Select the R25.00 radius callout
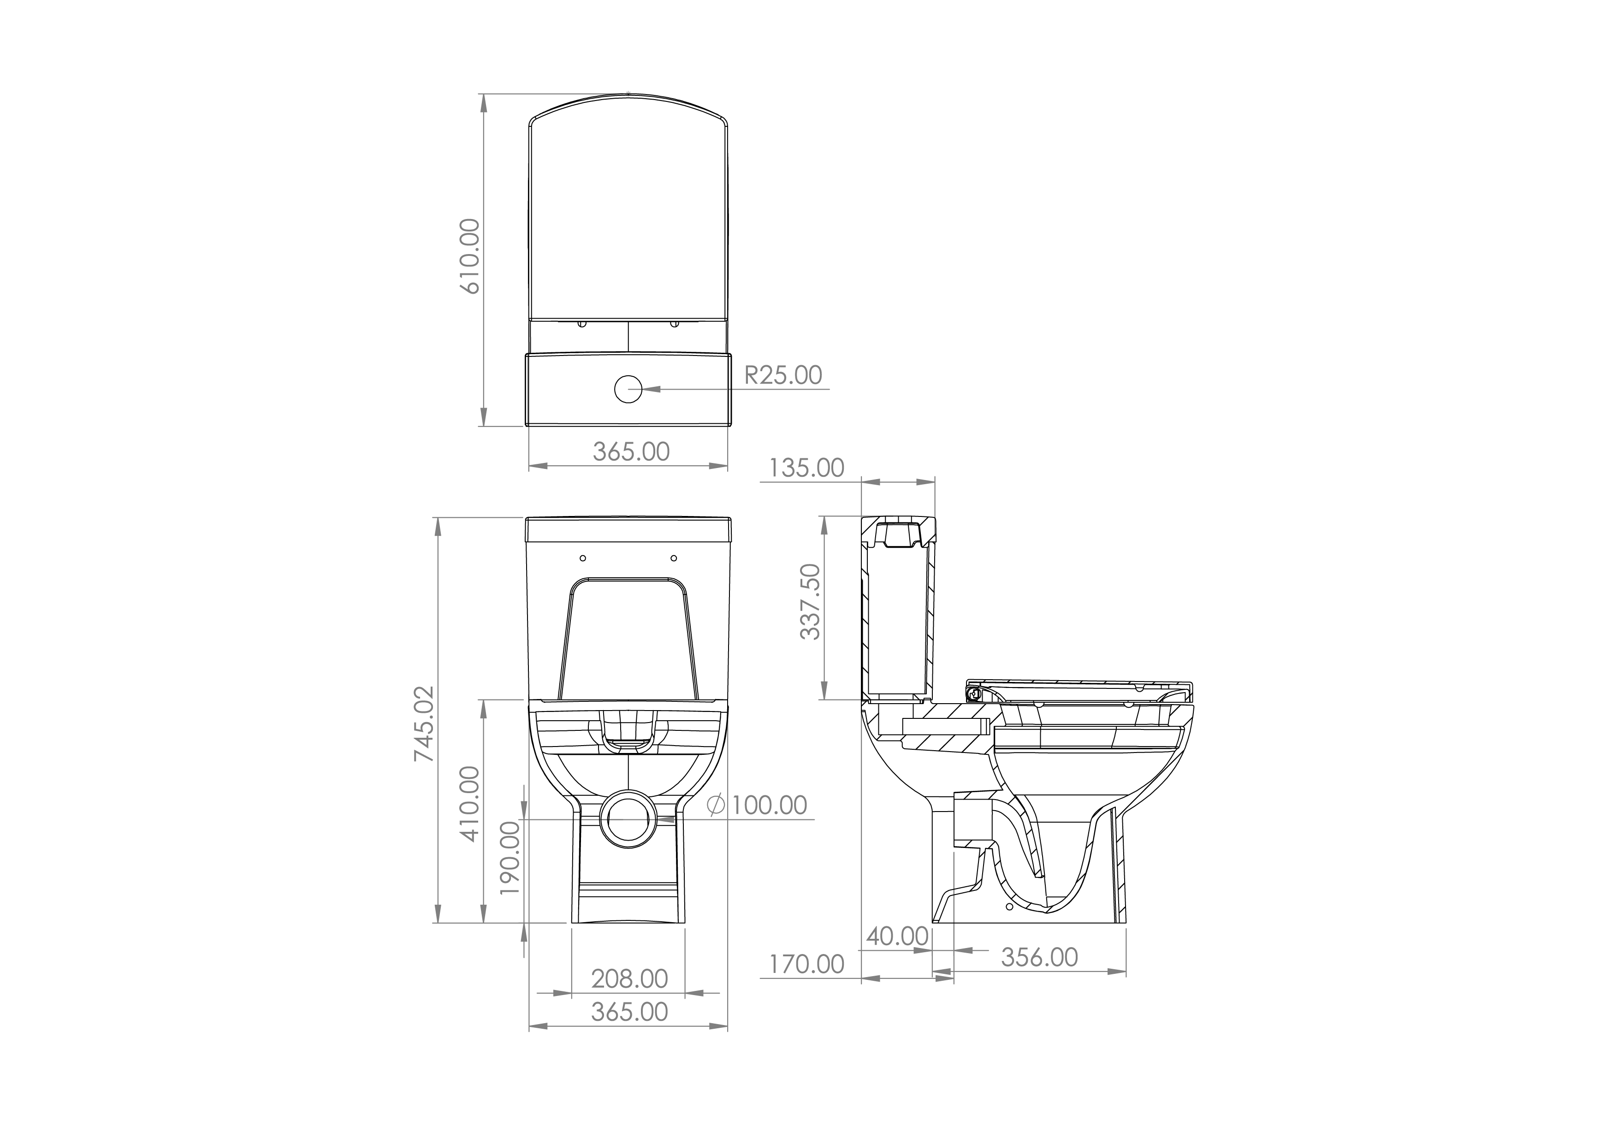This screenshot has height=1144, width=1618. coord(783,375)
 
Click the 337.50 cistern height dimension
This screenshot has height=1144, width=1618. coord(811,602)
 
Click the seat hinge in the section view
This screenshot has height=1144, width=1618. coord(975,694)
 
